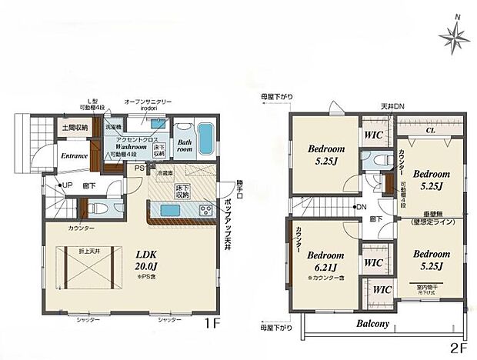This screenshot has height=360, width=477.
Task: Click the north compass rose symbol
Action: tap(454, 35)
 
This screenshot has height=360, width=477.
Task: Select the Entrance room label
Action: tap(71, 155)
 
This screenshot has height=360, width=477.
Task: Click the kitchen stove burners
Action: tap(206, 209)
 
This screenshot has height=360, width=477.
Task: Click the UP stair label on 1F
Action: tap(68, 185)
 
